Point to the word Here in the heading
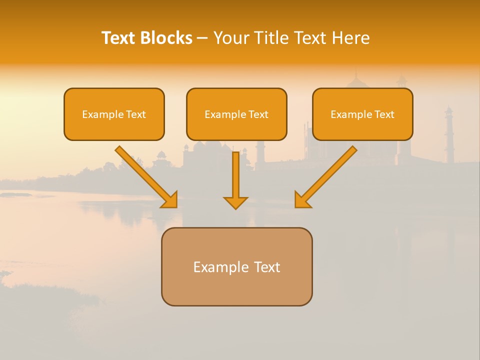(352, 38)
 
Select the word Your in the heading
(230, 38)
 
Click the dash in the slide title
(202, 38)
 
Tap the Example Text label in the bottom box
(236, 267)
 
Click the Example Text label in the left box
(114, 114)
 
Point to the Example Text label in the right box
(362, 114)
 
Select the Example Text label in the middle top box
(236, 114)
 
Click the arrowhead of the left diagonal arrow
(170, 200)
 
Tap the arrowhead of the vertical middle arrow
(235, 202)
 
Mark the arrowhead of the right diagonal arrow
(301, 200)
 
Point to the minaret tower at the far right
(449, 135)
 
